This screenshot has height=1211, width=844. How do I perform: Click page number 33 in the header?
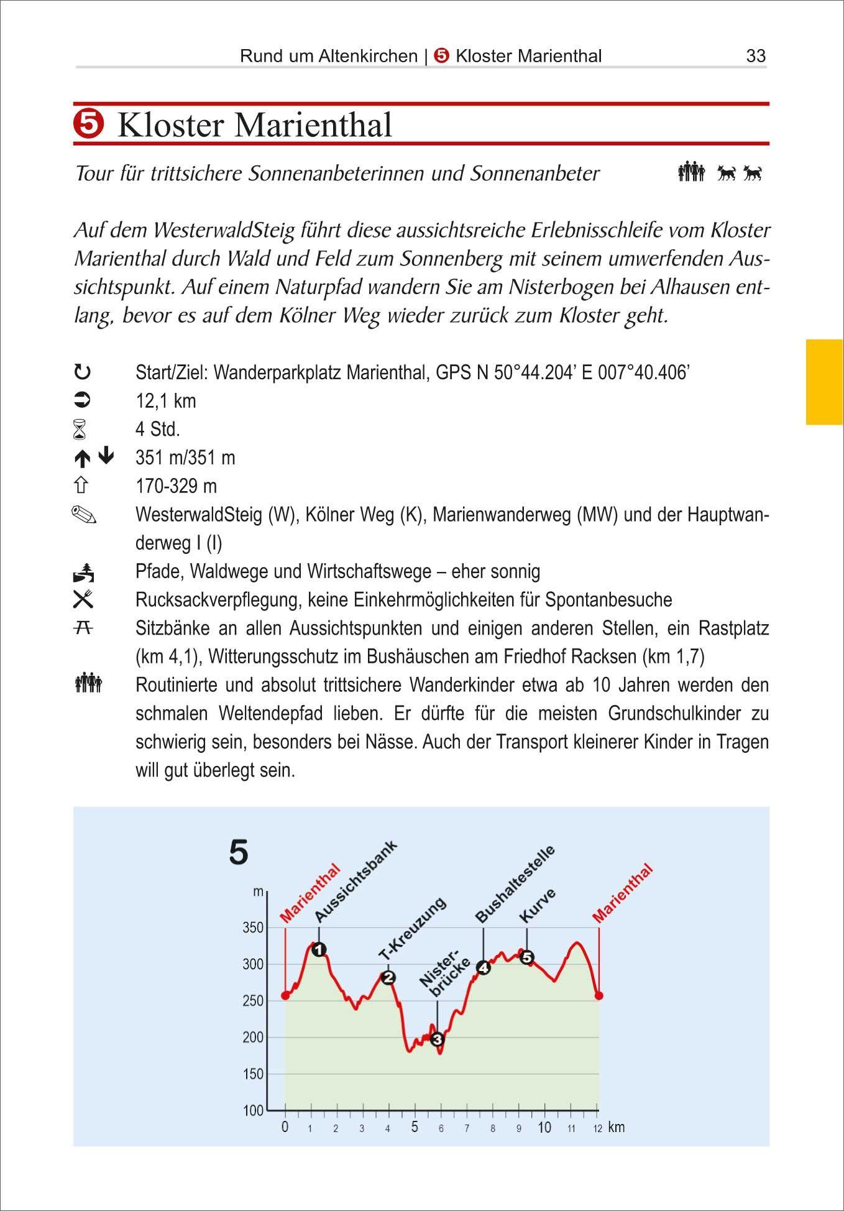(x=755, y=56)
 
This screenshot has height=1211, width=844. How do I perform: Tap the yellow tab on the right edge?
(x=825, y=382)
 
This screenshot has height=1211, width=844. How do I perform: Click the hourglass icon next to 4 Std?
(x=82, y=430)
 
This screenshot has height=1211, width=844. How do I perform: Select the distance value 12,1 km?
(x=165, y=401)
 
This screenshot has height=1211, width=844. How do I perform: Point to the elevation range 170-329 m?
(x=176, y=486)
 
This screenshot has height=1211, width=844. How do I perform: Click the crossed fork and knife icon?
(x=83, y=599)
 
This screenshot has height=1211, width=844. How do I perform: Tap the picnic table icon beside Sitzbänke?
(x=83, y=628)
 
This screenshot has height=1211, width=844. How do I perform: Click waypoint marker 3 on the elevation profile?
(x=437, y=1039)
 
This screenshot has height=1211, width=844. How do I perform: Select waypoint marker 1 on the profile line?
(x=319, y=949)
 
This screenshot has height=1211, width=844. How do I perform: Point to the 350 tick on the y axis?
(x=252, y=928)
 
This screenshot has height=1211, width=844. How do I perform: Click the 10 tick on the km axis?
(x=544, y=1127)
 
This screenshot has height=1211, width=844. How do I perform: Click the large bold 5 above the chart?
(x=239, y=852)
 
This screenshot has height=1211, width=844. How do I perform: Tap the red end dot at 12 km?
(x=599, y=995)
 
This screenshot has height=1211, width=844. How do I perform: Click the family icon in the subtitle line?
(x=691, y=172)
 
